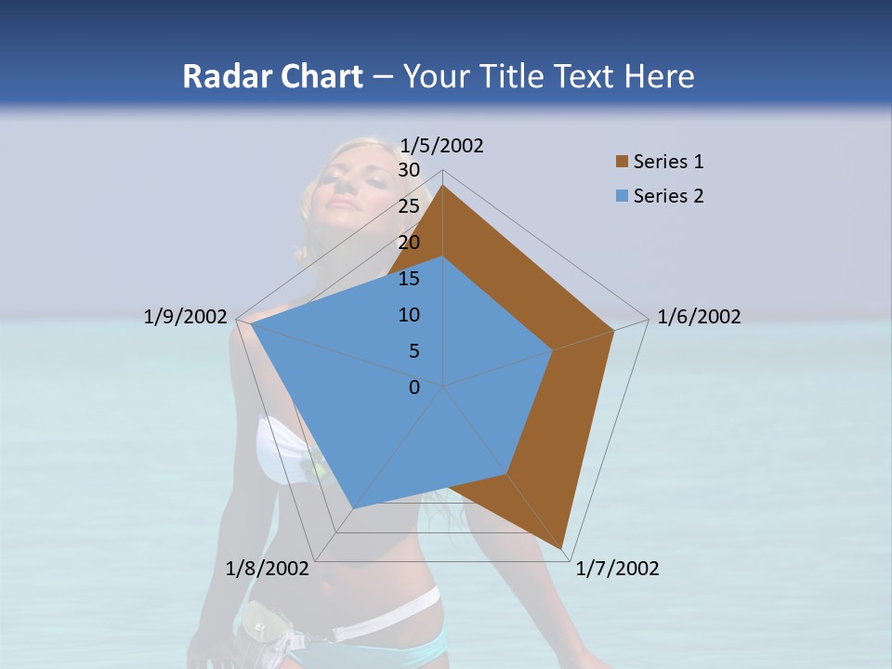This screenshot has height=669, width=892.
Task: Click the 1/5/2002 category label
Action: (x=442, y=145)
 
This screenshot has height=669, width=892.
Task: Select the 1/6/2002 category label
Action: (x=699, y=317)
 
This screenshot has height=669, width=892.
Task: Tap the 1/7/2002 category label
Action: (x=617, y=569)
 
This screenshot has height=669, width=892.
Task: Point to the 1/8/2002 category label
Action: (x=268, y=569)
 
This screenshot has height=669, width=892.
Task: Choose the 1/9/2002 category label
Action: (x=186, y=317)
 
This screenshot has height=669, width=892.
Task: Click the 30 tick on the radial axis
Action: (x=408, y=170)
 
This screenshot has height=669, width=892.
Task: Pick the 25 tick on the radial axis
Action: (x=408, y=206)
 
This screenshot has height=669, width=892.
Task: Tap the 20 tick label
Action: (x=408, y=243)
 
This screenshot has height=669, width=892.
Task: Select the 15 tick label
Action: (x=408, y=279)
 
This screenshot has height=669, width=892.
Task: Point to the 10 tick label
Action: (x=408, y=315)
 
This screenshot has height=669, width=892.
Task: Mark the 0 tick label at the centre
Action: (x=414, y=387)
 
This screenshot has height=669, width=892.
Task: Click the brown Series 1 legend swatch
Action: (x=622, y=162)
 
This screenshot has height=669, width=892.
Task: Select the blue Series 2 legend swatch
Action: (x=622, y=196)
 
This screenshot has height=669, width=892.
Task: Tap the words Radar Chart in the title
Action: (x=272, y=77)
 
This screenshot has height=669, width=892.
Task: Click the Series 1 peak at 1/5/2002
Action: (x=443, y=186)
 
